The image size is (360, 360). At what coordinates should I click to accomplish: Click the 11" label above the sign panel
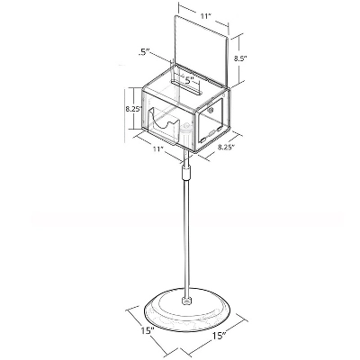point(205,16)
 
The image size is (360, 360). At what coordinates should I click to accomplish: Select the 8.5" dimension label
point(240,58)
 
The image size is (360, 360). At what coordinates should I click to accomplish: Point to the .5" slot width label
point(144,53)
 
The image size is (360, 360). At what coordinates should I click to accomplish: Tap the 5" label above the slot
point(189,80)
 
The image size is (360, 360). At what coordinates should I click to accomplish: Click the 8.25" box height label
point(133,109)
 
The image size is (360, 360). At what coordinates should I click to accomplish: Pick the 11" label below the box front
point(157,148)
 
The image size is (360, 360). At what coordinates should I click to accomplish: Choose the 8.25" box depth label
point(226,147)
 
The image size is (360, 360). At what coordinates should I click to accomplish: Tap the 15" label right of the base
point(220,336)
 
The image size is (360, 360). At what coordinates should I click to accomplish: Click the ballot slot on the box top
point(186,87)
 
